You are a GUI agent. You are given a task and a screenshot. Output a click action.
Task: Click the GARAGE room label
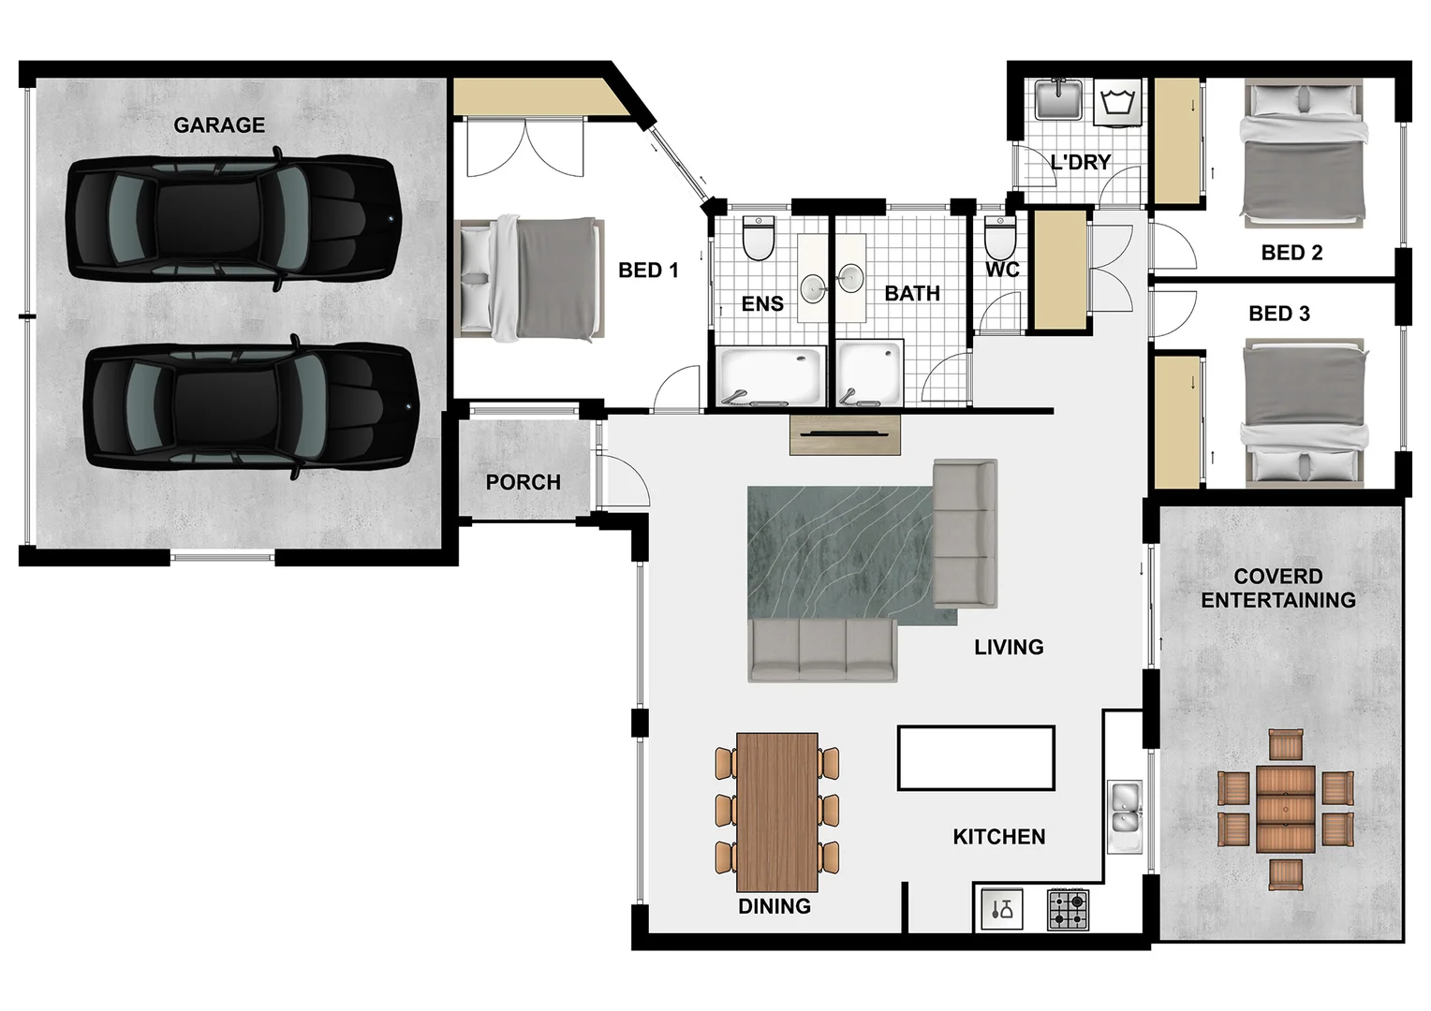[x=219, y=125]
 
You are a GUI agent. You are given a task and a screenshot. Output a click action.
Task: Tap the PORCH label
[x=523, y=482]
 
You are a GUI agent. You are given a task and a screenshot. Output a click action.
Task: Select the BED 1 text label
[x=648, y=271]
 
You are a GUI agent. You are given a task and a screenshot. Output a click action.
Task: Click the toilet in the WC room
[x=1000, y=239]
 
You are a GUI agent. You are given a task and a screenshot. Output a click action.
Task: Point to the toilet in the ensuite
[x=758, y=239]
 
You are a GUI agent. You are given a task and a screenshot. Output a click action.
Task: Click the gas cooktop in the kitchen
[x=1068, y=909]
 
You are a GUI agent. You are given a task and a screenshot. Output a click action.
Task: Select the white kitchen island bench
[x=976, y=757]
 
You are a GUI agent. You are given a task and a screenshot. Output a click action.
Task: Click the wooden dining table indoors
[x=776, y=812]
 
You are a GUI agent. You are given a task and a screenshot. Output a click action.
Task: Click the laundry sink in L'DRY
[x=1058, y=100]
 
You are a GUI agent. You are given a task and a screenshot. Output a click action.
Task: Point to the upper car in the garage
[x=233, y=219]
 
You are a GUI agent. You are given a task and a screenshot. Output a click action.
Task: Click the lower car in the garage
[x=250, y=406]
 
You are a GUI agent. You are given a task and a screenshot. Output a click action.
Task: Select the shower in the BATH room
[x=869, y=374]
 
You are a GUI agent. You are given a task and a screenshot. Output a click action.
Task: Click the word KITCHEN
[x=998, y=837]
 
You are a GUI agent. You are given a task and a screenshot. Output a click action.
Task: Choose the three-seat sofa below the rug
[x=822, y=649]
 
